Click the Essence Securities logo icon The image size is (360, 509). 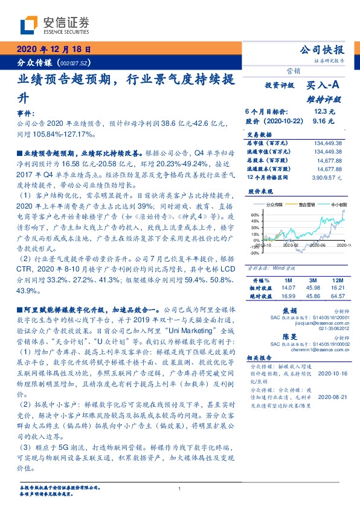(x=30, y=25)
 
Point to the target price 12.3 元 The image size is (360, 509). (x=323, y=112)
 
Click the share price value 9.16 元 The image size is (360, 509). (x=323, y=120)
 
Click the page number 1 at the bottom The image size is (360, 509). (x=179, y=488)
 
